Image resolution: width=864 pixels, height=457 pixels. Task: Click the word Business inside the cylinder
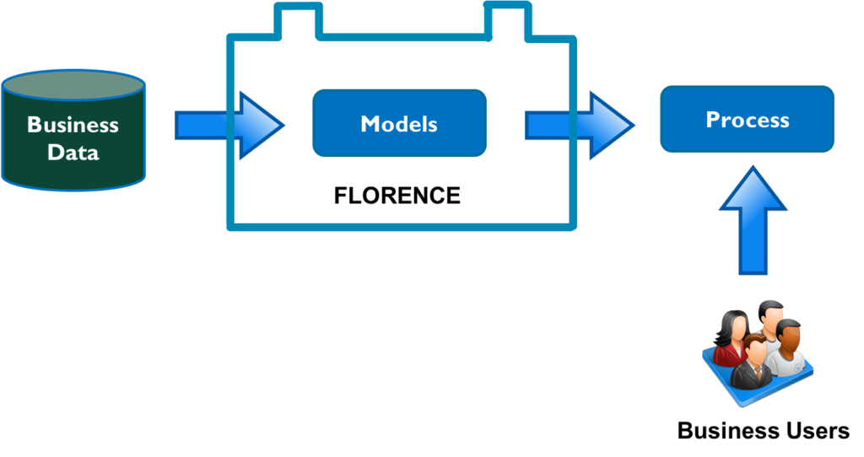point(73,125)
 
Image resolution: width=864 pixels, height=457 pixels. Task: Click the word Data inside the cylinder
point(73,153)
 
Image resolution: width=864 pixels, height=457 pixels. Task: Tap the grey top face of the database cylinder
point(73,86)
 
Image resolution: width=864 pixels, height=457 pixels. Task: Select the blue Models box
point(399,123)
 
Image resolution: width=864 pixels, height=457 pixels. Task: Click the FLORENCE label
point(397,196)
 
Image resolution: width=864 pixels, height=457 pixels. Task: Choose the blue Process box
point(748,119)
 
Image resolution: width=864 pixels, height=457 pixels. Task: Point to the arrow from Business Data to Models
point(229,126)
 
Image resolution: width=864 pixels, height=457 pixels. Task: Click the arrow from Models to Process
point(580,126)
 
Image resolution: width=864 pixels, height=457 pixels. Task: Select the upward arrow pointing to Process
point(753,220)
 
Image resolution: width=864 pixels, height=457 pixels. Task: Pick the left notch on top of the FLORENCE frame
point(299,21)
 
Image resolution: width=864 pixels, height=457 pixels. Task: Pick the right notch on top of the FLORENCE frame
point(507,21)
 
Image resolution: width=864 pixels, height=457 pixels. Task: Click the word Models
point(399,124)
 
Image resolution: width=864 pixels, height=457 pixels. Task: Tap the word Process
point(748,120)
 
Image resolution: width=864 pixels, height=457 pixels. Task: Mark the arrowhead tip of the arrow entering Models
point(283,126)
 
